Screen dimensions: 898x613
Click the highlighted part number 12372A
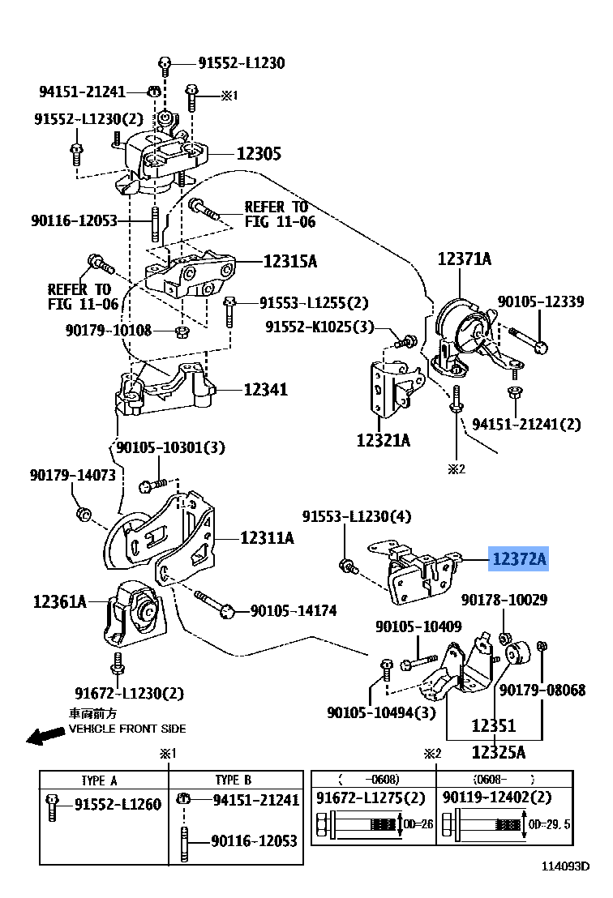[x=518, y=559]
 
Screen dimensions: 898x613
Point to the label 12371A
[x=464, y=259]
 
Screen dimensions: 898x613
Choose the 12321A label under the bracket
[x=383, y=441]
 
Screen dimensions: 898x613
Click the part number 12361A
[x=59, y=601]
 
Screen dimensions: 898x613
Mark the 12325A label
[x=498, y=751]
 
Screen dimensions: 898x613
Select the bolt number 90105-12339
[x=540, y=301]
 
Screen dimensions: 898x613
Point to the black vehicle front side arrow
[x=45, y=735]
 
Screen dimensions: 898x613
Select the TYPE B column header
[x=233, y=780]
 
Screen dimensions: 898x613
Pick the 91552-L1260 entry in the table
[x=118, y=805]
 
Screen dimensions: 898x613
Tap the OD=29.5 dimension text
[x=549, y=824]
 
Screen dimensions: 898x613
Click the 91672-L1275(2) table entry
[x=371, y=798]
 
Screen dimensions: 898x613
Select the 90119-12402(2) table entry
[x=497, y=798]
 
